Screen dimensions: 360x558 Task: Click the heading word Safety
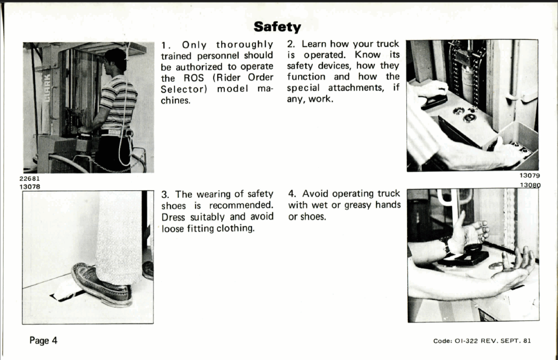point(278,27)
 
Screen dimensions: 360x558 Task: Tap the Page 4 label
point(43,340)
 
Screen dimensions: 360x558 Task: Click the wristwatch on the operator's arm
point(446,244)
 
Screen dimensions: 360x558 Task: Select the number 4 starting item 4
point(292,194)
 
